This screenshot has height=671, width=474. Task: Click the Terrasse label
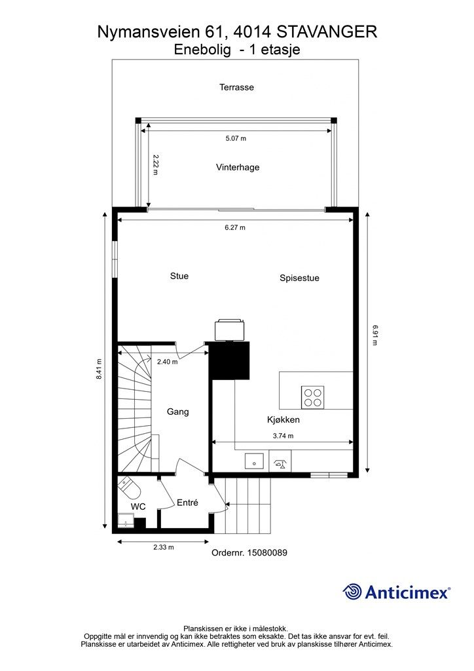[236, 87]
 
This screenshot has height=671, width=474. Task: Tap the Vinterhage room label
[238, 167]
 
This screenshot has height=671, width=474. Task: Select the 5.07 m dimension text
[236, 139]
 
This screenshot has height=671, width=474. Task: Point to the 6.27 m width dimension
[235, 227]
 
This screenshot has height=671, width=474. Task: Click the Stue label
[179, 276]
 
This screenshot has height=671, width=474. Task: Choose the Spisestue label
[299, 278]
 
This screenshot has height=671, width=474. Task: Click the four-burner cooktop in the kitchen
[312, 397]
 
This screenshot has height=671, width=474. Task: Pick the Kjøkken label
[283, 420]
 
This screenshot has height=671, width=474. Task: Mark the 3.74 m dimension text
[283, 436]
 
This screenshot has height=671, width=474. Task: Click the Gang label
[178, 412]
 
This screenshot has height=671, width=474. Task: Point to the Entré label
[188, 503]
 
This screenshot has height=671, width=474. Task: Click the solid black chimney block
[229, 360]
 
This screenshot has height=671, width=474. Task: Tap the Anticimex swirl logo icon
[352, 592]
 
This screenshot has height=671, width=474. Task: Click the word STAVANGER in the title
[327, 32]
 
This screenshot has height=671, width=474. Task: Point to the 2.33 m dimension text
[164, 547]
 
